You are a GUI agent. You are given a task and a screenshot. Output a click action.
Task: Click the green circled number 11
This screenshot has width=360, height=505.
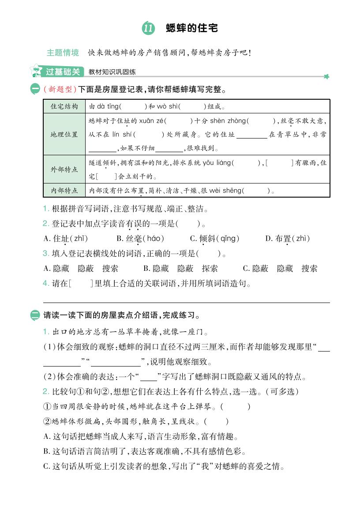[148, 29]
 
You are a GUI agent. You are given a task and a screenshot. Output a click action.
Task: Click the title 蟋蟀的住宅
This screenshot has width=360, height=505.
[191, 28]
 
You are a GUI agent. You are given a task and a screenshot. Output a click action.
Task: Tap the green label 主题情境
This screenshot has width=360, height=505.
[63, 53]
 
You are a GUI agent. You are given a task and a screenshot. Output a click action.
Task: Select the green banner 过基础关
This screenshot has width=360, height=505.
[63, 71]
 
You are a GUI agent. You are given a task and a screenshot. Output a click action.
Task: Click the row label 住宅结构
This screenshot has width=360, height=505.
[64, 106]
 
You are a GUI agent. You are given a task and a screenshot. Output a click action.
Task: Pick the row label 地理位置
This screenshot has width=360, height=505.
[64, 135]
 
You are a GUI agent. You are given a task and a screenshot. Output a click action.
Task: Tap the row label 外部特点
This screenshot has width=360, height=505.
[64, 169]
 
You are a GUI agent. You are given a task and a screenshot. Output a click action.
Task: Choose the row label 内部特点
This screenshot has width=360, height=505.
[64, 191]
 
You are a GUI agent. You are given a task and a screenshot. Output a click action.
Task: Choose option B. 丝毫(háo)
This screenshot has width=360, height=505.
[140, 239]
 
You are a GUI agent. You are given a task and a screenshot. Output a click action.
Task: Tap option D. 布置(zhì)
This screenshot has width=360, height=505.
[288, 239]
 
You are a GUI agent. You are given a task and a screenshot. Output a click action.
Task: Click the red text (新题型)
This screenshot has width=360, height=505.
[60, 90]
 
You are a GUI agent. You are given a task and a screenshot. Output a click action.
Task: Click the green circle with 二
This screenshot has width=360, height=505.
[35, 315]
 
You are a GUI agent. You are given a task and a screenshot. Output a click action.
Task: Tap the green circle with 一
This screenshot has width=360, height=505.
[35, 90]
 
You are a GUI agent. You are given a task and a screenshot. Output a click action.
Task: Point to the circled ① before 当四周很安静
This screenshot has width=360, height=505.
[47, 407]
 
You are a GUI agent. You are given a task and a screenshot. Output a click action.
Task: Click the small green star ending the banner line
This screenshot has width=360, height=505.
[326, 77]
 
